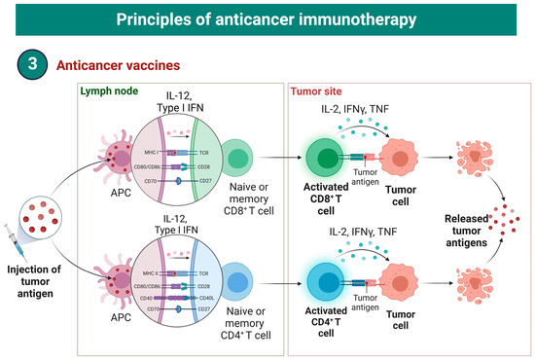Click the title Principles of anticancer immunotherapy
(267, 18)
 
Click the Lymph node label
(108, 92)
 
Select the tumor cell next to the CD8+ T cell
(402, 158)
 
